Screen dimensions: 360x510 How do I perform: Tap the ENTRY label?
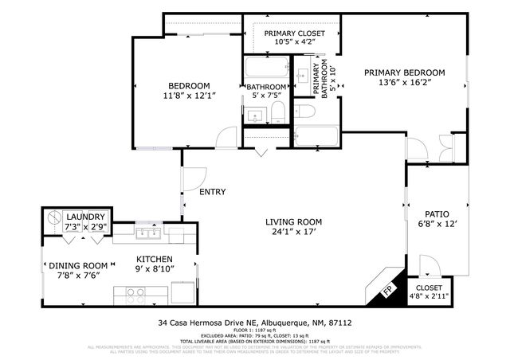point(212,192)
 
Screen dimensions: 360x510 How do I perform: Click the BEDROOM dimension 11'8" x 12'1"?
point(189,96)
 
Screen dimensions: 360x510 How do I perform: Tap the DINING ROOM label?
point(78,266)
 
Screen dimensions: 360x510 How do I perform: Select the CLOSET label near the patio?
point(430,289)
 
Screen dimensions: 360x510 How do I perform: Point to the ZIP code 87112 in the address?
point(339,323)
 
